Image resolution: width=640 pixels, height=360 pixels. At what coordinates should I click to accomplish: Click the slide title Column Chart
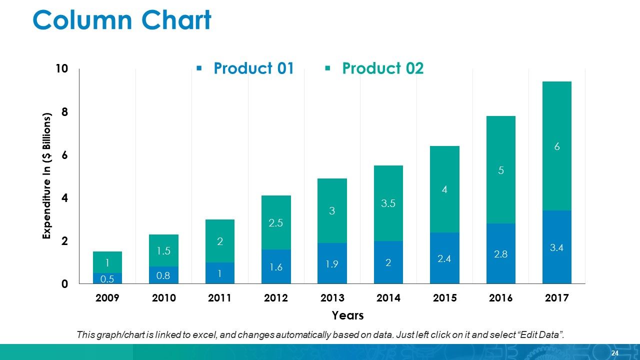pyautogui.click(x=122, y=21)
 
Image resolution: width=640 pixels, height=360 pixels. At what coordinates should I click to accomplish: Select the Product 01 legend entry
pyautogui.click(x=253, y=68)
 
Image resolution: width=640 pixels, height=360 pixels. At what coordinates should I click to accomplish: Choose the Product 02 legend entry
pyautogui.click(x=382, y=68)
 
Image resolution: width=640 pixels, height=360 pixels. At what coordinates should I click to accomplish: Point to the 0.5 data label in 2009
pyautogui.click(x=107, y=278)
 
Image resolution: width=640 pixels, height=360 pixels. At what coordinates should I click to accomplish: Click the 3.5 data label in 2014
pyautogui.click(x=388, y=203)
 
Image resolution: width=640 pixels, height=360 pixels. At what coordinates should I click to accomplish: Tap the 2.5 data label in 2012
pyautogui.click(x=276, y=223)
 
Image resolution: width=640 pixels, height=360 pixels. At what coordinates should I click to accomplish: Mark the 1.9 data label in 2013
pyautogui.click(x=332, y=264)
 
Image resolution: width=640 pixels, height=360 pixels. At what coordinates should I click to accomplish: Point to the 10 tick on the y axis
pyautogui.click(x=61, y=69)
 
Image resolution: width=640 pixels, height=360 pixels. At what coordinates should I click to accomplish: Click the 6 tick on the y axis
pyautogui.click(x=64, y=155)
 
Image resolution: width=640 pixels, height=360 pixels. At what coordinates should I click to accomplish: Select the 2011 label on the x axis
pyautogui.click(x=219, y=298)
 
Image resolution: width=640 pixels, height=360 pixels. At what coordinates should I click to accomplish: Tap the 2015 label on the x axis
pyautogui.click(x=444, y=298)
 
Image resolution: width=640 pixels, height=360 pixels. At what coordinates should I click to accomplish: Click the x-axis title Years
pyautogui.click(x=347, y=315)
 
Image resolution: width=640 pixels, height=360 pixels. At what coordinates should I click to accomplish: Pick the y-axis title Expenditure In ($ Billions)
pyautogui.click(x=47, y=176)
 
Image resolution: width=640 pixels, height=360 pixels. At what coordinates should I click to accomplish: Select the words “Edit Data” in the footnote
pyautogui.click(x=540, y=334)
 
